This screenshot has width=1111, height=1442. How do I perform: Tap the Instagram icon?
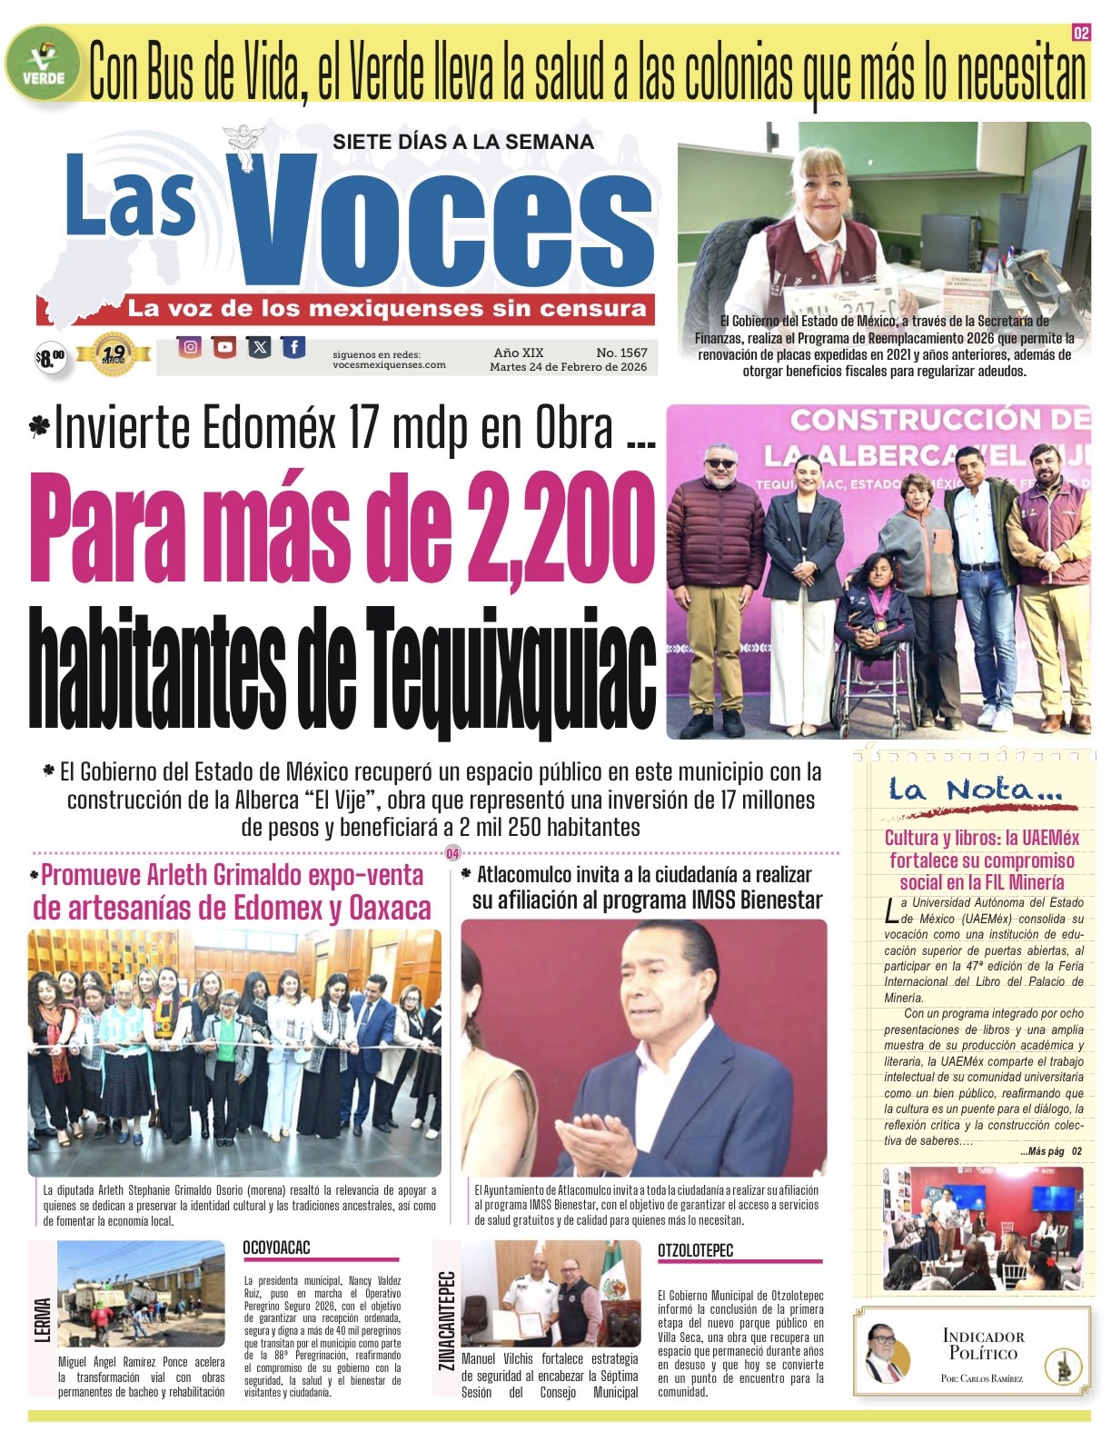point(190,346)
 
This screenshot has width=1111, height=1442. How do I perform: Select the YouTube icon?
point(224,346)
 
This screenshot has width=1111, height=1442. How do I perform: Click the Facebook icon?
point(293,346)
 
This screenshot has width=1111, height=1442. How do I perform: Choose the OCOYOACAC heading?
point(276,1248)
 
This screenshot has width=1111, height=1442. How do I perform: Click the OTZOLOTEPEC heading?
point(695,1250)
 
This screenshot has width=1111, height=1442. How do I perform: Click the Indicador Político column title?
point(983,1345)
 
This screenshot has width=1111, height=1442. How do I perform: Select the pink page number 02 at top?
point(1080,34)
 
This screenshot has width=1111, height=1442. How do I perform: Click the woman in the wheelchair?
point(872,627)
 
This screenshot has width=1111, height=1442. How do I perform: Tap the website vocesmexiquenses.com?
point(389,364)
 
